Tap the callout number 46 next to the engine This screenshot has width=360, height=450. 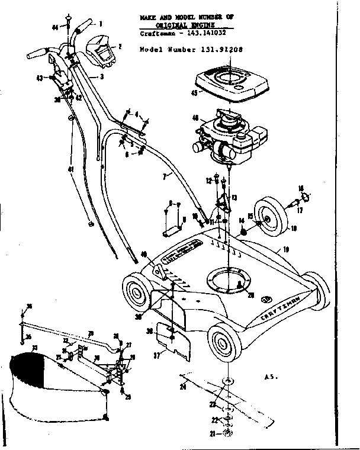(x=195, y=118)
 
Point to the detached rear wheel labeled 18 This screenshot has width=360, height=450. (x=274, y=219)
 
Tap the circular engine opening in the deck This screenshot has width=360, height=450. (x=229, y=279)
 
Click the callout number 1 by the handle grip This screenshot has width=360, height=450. (x=99, y=24)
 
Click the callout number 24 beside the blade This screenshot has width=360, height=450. (x=183, y=387)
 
